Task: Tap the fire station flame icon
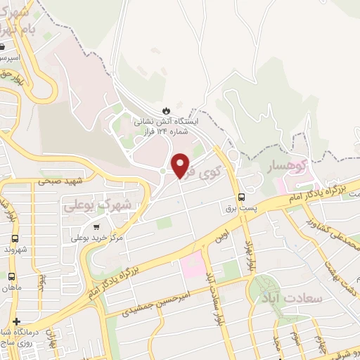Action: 166,110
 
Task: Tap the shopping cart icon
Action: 96,226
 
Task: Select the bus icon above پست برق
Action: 242,196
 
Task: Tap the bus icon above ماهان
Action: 11,276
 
